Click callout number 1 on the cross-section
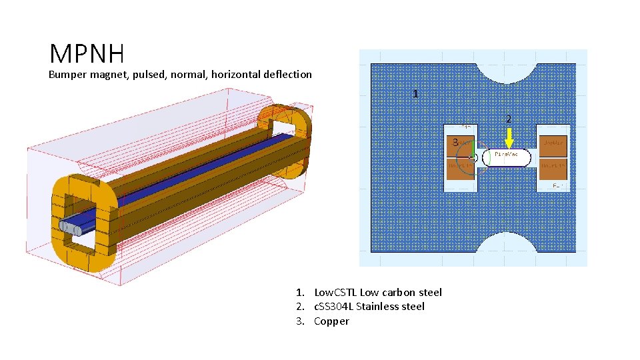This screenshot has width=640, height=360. [x=415, y=94]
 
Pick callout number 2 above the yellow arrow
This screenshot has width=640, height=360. [x=509, y=119]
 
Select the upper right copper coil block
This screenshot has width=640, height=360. [x=553, y=143]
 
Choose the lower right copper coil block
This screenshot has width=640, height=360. [x=553, y=170]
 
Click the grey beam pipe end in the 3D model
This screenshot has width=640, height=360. [x=69, y=227]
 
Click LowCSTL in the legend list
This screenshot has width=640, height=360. [x=333, y=292]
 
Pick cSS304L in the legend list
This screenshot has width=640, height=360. [x=333, y=307]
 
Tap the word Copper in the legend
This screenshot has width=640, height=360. [x=331, y=321]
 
